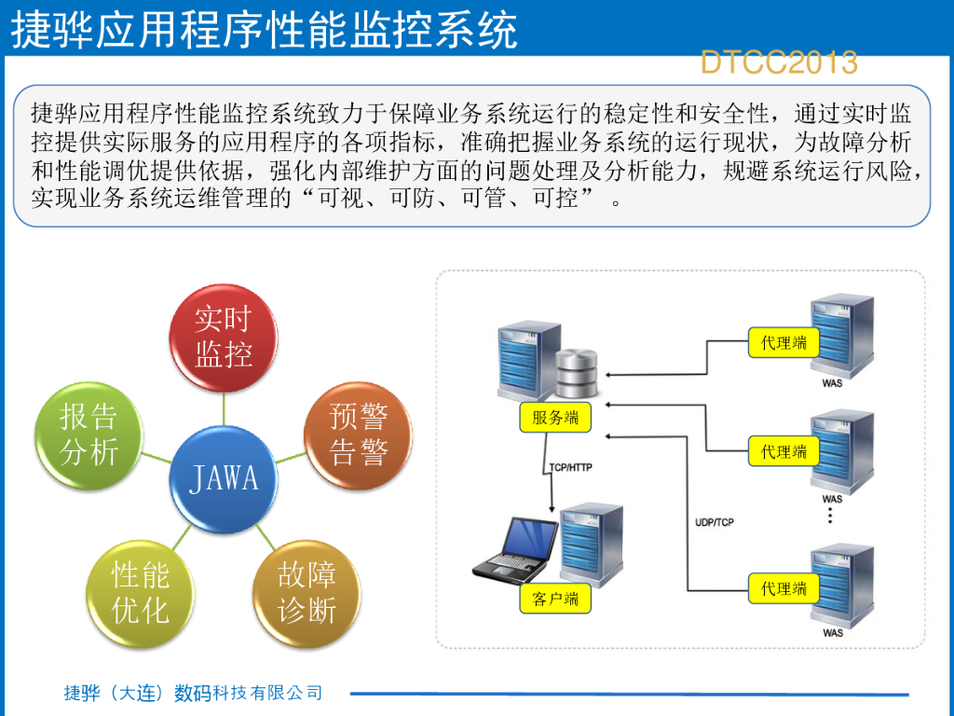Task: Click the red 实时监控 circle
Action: [x=224, y=337]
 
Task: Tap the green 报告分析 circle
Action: [x=89, y=434]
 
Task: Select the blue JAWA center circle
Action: [x=224, y=479]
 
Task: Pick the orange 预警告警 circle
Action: [x=359, y=434]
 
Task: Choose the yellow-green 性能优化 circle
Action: [x=141, y=593]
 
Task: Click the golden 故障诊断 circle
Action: [x=307, y=593]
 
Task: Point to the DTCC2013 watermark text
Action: [x=779, y=62]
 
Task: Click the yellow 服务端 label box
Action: [x=555, y=418]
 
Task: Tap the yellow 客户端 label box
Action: [x=555, y=599]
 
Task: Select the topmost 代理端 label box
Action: [x=784, y=343]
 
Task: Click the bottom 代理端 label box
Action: [x=784, y=588]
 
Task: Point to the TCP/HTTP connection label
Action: [x=570, y=468]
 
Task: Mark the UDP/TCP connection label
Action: [x=715, y=522]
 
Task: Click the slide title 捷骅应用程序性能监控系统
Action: [x=264, y=30]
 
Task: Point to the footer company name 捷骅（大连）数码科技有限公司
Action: [x=193, y=693]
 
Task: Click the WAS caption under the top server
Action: [x=833, y=383]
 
